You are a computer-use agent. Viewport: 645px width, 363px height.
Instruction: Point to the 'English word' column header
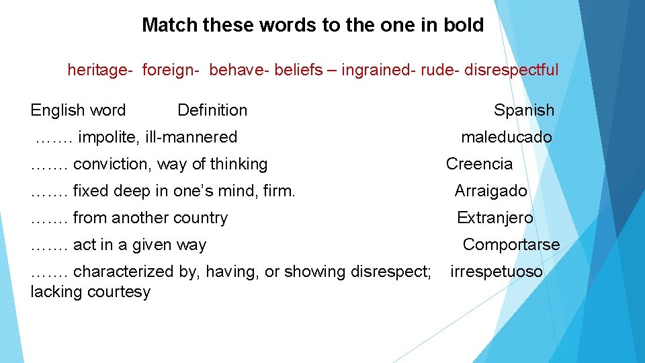click(x=78, y=110)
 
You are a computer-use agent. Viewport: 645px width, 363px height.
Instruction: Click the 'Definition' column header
click(x=212, y=110)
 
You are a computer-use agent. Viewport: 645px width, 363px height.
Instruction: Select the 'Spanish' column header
click(x=524, y=110)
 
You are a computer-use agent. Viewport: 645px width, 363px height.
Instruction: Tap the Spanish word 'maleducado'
click(x=506, y=137)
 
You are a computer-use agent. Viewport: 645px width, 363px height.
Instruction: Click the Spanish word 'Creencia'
click(x=479, y=164)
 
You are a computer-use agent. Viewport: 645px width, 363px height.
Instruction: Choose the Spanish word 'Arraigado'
click(x=490, y=191)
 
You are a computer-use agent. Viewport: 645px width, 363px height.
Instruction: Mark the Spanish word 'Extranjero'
click(x=494, y=218)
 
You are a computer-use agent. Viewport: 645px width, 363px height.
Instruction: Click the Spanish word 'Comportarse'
click(x=511, y=245)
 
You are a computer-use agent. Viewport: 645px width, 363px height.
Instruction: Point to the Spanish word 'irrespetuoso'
click(x=496, y=272)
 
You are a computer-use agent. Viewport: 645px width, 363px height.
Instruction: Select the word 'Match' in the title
click(x=169, y=26)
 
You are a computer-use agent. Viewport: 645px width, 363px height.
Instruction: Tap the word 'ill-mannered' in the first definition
click(x=191, y=137)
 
